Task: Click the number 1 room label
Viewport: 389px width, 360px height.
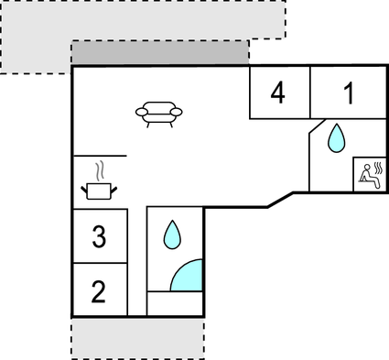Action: (349, 93)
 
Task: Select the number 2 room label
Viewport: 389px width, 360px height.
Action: (99, 292)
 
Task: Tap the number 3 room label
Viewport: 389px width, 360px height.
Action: (99, 237)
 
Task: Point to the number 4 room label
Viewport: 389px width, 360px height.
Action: (277, 93)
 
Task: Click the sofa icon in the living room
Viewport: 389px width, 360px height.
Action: (158, 112)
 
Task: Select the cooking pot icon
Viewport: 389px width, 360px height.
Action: (100, 190)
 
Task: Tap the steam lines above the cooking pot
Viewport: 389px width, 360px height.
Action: (101, 170)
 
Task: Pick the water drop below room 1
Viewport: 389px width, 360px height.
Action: (337, 138)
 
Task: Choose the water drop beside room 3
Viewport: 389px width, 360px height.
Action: (172, 235)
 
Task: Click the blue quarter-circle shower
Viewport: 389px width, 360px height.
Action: (189, 276)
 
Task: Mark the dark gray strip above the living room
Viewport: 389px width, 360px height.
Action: (160, 52)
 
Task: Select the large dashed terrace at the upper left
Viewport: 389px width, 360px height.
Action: (37, 37)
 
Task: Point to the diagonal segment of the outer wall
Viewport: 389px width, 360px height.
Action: (281, 200)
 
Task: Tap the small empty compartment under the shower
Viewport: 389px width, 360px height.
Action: (175, 303)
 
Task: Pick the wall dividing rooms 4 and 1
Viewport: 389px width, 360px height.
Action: (309, 93)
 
